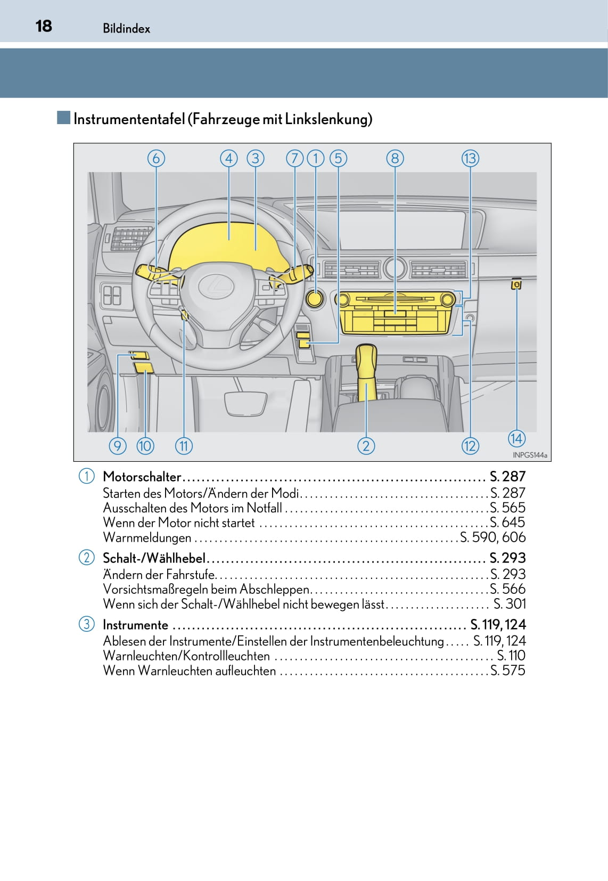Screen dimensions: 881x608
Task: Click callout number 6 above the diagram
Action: tap(156, 158)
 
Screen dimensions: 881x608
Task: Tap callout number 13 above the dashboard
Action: tap(470, 158)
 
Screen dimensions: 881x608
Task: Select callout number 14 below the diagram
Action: tap(516, 438)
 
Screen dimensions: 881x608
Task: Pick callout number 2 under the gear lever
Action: tap(366, 446)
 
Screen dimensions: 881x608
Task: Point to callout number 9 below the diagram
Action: tap(118, 446)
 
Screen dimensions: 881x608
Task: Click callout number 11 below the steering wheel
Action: tap(184, 446)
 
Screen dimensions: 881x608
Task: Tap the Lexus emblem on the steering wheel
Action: tap(216, 287)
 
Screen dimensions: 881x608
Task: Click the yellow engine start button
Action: tap(315, 298)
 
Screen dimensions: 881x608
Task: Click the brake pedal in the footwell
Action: tap(245, 403)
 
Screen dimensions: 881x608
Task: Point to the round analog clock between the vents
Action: tap(395, 268)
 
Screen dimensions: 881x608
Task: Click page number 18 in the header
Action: tap(44, 26)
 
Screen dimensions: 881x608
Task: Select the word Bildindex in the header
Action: tap(127, 29)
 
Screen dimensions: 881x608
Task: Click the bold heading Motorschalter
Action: tap(142, 477)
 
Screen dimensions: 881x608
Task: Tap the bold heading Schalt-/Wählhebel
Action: tap(154, 558)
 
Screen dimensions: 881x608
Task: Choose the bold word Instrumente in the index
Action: tap(135, 625)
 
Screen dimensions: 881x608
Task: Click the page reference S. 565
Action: tap(507, 508)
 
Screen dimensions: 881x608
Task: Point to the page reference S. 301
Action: tap(510, 604)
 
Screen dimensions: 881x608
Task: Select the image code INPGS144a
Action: tap(530, 455)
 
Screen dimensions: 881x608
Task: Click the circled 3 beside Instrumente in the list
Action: tap(86, 624)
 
